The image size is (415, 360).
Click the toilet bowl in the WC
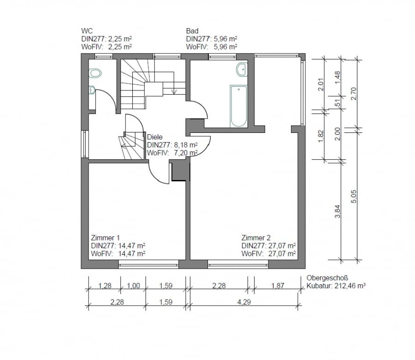(x=95, y=73)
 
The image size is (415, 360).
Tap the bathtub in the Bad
(x=238, y=106)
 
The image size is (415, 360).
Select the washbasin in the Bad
(x=242, y=69)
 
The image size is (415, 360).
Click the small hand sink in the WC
(x=92, y=90)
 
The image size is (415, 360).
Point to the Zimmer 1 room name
(x=105, y=238)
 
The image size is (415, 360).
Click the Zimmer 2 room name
(x=256, y=238)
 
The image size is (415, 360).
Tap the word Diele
(x=154, y=137)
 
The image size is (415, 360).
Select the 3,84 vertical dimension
(x=338, y=211)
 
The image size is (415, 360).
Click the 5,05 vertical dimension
(x=354, y=197)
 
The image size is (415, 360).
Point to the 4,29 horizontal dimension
(x=244, y=302)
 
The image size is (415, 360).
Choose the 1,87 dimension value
(x=278, y=286)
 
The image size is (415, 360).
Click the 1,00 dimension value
(x=133, y=286)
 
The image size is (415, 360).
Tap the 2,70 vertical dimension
(x=354, y=94)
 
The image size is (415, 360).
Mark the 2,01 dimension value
(x=321, y=84)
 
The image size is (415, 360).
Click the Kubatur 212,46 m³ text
(x=336, y=286)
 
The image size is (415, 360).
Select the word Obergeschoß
(x=327, y=278)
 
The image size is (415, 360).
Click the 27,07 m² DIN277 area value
(x=282, y=246)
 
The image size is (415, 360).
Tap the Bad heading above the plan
(x=192, y=31)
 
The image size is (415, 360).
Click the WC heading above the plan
(x=87, y=31)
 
